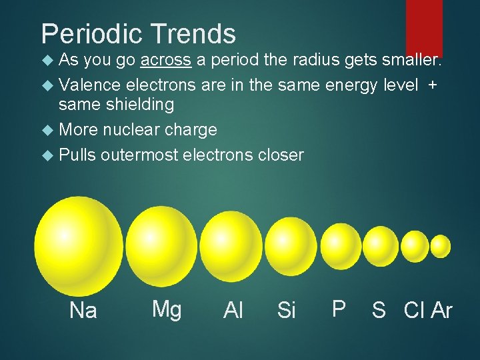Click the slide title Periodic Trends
coord(138,34)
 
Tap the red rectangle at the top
coord(424,27)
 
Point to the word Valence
coord(89,85)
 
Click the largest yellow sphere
coord(79,246)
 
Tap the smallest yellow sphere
coord(440,246)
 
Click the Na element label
coord(83,311)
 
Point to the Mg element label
coord(166,309)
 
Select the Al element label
coord(233,311)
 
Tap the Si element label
coord(286,311)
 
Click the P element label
coord(339,309)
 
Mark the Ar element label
coord(441,311)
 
